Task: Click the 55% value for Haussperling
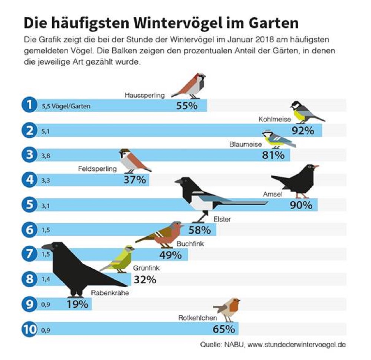(x=186, y=105)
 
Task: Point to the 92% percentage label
(x=303, y=131)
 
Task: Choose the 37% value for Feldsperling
(x=134, y=180)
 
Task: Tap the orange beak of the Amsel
(x=316, y=167)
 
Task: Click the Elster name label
(x=222, y=219)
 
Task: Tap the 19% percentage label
(x=78, y=305)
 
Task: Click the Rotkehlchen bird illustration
(x=227, y=308)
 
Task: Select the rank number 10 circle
(x=29, y=329)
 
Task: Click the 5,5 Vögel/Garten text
(x=64, y=106)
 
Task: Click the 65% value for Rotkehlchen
(x=223, y=329)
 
